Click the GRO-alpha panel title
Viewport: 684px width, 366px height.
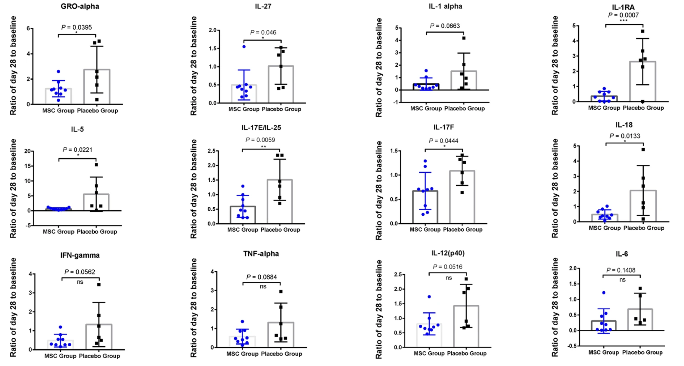(80, 6)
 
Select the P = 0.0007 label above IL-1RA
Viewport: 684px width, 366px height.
(623, 15)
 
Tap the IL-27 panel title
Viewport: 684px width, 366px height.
(263, 6)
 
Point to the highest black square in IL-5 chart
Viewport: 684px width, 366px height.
(96, 165)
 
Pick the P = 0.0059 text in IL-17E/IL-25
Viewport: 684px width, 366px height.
(260, 140)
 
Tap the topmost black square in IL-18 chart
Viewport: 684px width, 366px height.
(643, 150)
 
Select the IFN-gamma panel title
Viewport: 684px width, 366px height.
(80, 255)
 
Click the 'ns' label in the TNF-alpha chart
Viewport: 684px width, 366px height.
(263, 287)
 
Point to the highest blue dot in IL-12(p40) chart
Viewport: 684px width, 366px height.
(429, 297)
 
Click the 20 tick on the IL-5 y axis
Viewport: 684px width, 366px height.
(27, 151)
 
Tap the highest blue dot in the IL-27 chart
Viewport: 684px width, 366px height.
(244, 47)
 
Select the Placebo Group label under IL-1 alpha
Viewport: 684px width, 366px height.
(464, 109)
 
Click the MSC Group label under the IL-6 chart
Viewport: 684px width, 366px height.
(603, 352)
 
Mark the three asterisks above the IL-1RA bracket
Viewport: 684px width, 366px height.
(623, 21)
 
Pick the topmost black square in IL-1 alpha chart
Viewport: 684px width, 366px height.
(464, 38)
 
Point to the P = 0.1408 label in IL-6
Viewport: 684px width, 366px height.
(621, 270)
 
